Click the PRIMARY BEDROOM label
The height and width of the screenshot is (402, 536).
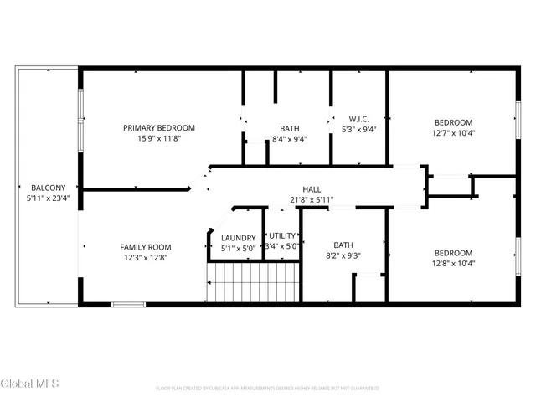(159, 128)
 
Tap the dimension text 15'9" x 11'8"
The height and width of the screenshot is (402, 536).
(159, 139)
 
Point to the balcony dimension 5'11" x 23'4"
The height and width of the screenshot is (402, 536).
(44, 198)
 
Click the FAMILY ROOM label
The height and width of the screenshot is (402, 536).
(146, 247)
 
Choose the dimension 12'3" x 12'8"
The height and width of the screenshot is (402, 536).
(146, 258)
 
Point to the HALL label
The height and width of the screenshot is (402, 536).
(312, 190)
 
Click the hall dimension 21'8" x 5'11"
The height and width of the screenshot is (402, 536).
(312, 200)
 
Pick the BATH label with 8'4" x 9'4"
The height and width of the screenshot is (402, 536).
(290, 128)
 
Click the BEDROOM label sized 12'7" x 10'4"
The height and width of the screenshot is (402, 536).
(452, 122)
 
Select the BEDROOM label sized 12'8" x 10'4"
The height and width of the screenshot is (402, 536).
(452, 253)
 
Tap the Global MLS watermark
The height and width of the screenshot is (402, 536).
(30, 384)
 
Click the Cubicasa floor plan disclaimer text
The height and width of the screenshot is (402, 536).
(267, 389)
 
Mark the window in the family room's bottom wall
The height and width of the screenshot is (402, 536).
(128, 304)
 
